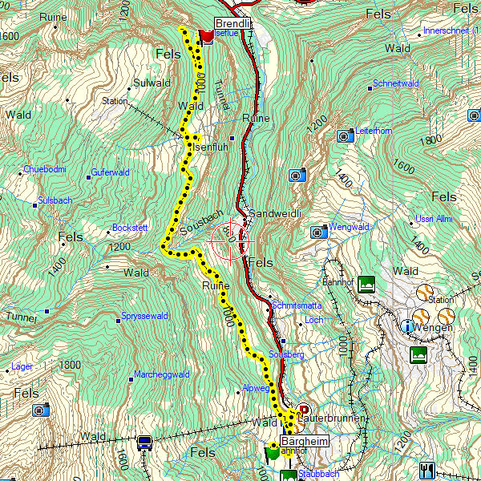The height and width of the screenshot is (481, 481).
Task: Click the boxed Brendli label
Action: tap(233, 24)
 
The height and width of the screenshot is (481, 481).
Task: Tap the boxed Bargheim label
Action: tap(304, 441)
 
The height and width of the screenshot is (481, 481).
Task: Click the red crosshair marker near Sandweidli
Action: tap(231, 238)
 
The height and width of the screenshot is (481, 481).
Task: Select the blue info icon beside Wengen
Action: tap(409, 325)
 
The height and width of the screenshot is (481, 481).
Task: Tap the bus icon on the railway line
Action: tap(145, 443)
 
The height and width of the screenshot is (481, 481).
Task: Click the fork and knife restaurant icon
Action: tap(426, 469)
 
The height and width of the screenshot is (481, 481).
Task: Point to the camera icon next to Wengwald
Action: tap(318, 232)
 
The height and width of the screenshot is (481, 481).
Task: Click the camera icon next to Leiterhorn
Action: tap(344, 135)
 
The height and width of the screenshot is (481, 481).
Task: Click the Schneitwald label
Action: tap(395, 83)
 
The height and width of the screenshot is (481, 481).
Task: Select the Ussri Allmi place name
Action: tap(434, 219)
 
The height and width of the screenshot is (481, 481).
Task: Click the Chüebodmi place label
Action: tap(44, 169)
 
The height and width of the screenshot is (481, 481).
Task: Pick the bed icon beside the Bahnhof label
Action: tap(367, 283)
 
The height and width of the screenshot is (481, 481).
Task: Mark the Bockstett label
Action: tap(131, 228)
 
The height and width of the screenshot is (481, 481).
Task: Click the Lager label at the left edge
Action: tap(22, 366)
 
